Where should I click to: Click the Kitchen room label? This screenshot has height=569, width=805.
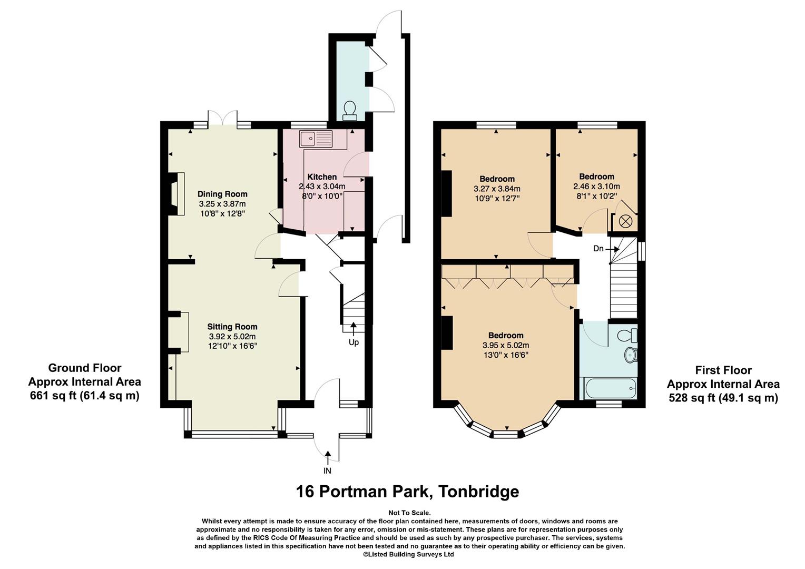pyautogui.click(x=322, y=177)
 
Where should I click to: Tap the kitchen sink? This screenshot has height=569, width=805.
pyautogui.click(x=316, y=139)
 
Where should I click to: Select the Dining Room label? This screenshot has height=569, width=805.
pyautogui.click(x=222, y=194)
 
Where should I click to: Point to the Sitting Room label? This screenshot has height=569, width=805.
pyautogui.click(x=232, y=327)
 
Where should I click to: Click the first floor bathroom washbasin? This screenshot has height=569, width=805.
pyautogui.click(x=631, y=355)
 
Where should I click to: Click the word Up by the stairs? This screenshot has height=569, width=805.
pyautogui.click(x=354, y=342)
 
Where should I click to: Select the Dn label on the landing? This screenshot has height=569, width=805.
pyautogui.click(x=598, y=248)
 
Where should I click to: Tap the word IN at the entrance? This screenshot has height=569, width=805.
pyautogui.click(x=327, y=470)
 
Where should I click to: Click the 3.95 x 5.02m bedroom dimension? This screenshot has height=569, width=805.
pyautogui.click(x=506, y=346)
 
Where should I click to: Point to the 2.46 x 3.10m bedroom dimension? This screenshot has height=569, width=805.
pyautogui.click(x=596, y=187)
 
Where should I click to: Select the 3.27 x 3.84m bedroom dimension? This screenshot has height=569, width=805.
pyautogui.click(x=497, y=189)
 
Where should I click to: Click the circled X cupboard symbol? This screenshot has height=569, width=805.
pyautogui.click(x=625, y=221)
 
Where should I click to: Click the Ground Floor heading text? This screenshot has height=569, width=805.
pyautogui.click(x=85, y=368)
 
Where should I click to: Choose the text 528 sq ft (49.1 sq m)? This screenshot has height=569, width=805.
pyautogui.click(x=723, y=398)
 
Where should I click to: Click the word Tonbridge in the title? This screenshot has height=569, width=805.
pyautogui.click(x=479, y=491)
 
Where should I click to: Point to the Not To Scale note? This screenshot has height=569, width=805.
pyautogui.click(x=409, y=513)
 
